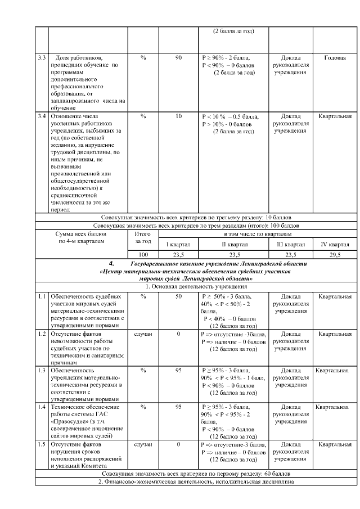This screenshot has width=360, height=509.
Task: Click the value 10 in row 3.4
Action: pos(178,116)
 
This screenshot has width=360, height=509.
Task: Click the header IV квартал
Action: pos(335,245)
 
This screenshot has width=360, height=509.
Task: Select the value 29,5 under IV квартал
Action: pos(335,255)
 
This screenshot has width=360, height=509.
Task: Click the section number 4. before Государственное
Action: pos(111,263)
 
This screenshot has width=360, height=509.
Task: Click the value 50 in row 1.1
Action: pos(178,296)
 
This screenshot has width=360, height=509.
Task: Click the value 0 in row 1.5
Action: pos(178,444)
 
